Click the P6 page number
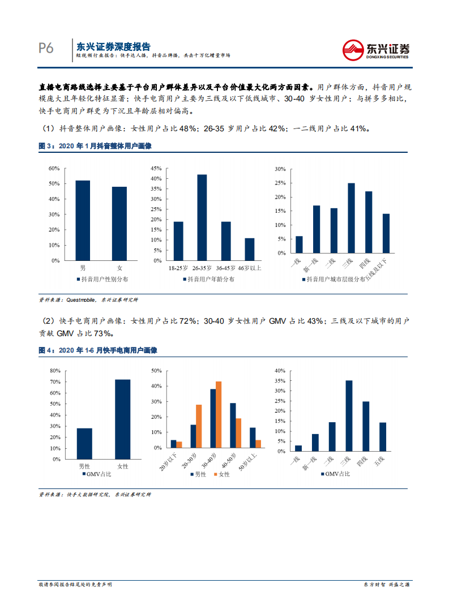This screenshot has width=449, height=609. pyautogui.click(x=46, y=49)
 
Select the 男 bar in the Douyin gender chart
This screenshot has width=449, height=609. pyautogui.click(x=83, y=221)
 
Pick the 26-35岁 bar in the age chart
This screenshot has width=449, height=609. pyautogui.click(x=202, y=217)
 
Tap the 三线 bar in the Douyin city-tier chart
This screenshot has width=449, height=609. pyautogui.click(x=351, y=218)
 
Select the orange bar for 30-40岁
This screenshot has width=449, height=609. pyautogui.click(x=219, y=415)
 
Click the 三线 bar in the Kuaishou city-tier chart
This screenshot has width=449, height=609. pyautogui.click(x=349, y=416)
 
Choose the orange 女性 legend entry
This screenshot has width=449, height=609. pyautogui.click(x=220, y=474)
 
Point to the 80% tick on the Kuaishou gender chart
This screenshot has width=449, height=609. pyautogui.click(x=55, y=371)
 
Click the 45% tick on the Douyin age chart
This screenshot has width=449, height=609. pyautogui.click(x=156, y=169)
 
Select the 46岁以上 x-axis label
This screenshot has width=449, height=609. pyautogui.click(x=250, y=267)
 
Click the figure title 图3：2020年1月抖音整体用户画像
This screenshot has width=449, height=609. pyautogui.click(x=95, y=146)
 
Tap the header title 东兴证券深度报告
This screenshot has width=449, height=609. pyautogui.click(x=114, y=46)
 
